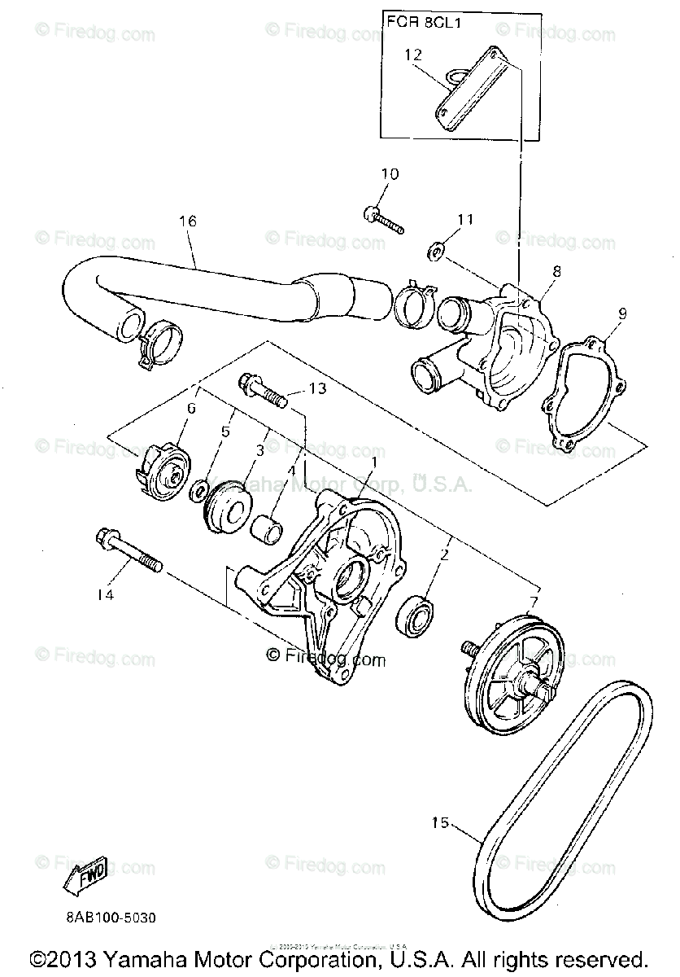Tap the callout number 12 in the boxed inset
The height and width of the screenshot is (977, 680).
pos(413,55)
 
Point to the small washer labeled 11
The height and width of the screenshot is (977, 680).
pos(435,253)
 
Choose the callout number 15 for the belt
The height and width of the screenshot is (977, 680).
pos(440,822)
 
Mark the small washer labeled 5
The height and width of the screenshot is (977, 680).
pos(196,492)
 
